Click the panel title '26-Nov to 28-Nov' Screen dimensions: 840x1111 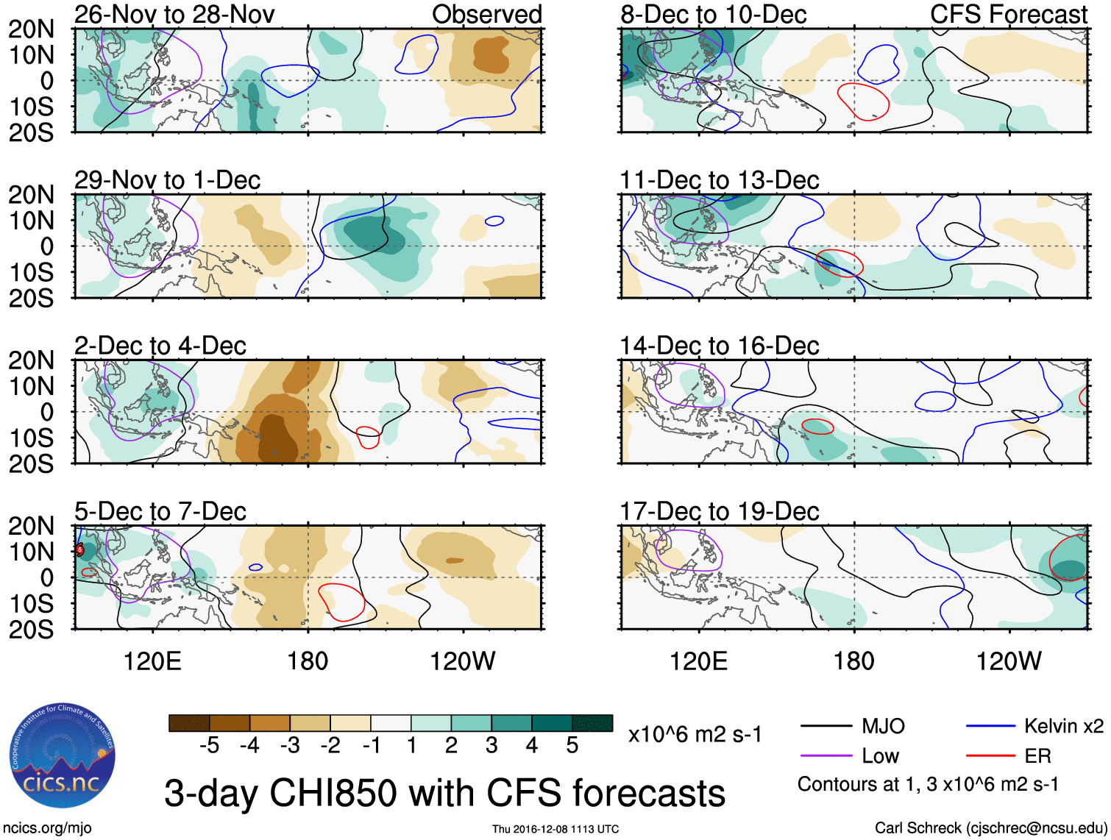point(174,14)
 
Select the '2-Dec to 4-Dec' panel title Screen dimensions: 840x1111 point(160,346)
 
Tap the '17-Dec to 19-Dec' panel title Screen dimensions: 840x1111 point(719,511)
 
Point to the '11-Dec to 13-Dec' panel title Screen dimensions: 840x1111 point(719,180)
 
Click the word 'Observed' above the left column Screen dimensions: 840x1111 point(486,14)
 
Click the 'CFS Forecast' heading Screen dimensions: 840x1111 point(1008,14)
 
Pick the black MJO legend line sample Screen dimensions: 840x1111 point(826,727)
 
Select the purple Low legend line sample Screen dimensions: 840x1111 point(826,756)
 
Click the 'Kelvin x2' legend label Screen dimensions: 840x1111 point(1063,727)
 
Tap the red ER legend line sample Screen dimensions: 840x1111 point(990,756)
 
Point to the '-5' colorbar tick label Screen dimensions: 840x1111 point(209,746)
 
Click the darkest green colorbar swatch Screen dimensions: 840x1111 point(592,723)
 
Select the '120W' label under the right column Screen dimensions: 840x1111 point(1009,661)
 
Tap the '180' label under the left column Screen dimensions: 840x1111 point(308,661)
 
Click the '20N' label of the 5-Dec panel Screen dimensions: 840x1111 point(31,526)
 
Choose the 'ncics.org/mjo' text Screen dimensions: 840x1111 point(46,828)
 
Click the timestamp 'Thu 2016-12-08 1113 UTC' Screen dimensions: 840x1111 point(555,829)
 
